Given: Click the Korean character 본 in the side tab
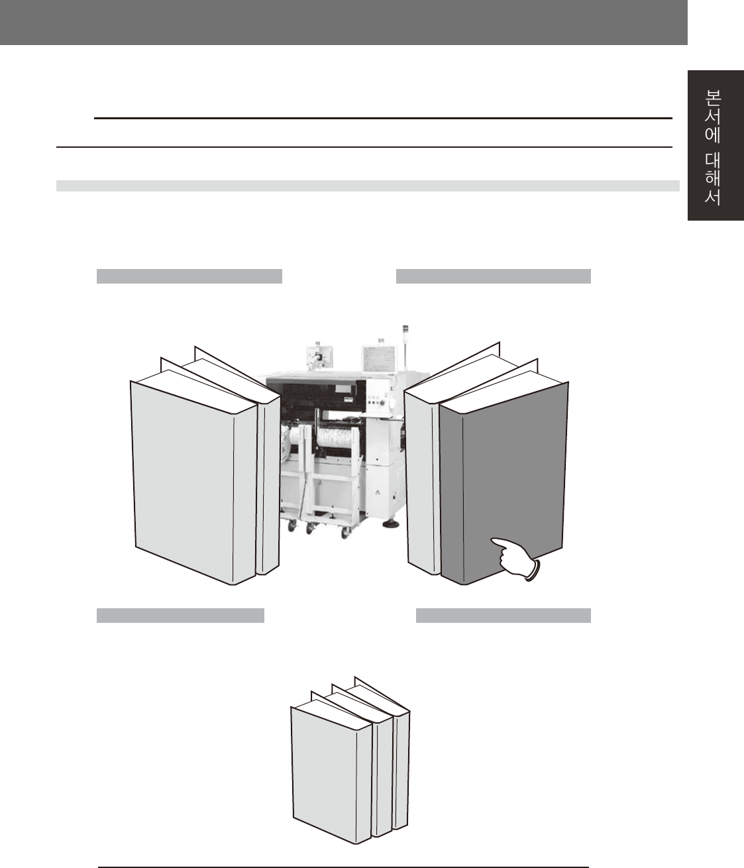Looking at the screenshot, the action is [x=713, y=98].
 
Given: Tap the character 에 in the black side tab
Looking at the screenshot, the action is [x=713, y=135].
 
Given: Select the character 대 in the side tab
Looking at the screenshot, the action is [x=713, y=160].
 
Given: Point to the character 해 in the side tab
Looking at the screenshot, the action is [x=713, y=178].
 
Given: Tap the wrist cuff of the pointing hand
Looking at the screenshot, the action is [x=533, y=570].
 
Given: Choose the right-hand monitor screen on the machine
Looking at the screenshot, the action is [x=379, y=359].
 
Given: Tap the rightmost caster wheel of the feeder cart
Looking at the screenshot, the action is [x=345, y=533].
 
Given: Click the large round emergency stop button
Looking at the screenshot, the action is [x=383, y=404].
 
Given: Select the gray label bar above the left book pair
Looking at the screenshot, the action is [x=189, y=276].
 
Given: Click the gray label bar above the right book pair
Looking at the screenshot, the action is [x=494, y=276].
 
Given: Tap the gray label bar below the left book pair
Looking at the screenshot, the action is [x=181, y=615].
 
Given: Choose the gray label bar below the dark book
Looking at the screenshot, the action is [x=504, y=615].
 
